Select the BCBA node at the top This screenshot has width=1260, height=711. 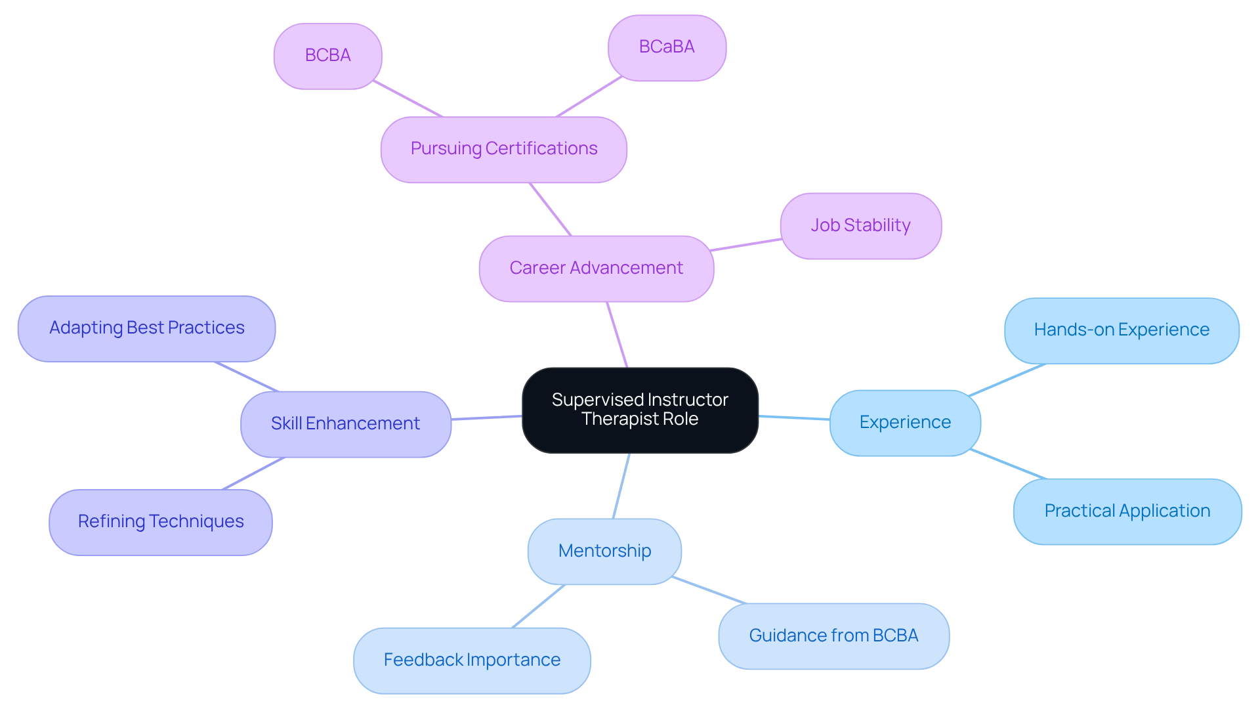click(327, 56)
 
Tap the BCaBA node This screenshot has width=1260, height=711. click(667, 47)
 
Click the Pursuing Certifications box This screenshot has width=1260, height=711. click(503, 149)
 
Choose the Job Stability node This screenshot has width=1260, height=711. click(860, 225)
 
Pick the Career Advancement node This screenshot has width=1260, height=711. click(596, 268)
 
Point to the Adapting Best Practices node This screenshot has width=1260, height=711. click(146, 328)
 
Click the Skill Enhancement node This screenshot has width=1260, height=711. click(345, 423)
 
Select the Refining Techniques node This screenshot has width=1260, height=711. click(160, 521)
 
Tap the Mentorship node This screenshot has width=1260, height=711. click(604, 551)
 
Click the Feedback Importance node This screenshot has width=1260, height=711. click(472, 660)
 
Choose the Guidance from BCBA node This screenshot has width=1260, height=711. click(833, 636)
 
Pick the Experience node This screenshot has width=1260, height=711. click(905, 422)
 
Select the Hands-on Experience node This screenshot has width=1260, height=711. click(1122, 330)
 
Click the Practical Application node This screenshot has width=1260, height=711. click(1127, 511)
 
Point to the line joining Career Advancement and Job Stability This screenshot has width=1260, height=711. click(747, 245)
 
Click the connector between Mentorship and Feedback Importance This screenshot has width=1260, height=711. click(538, 606)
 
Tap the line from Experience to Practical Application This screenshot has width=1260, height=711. click(1008, 464)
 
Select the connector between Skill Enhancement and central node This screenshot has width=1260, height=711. click(486, 418)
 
